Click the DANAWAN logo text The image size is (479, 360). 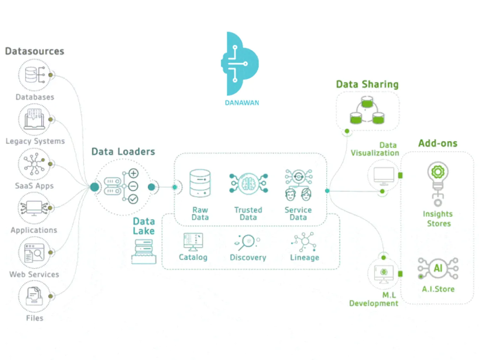tap(242, 103)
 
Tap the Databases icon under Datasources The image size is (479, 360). tap(35, 75)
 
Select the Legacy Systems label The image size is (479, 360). tap(35, 141)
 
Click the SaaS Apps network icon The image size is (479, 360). tap(34, 164)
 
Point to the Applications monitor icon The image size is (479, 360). tap(34, 208)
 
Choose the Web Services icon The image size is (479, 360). tap(34, 252)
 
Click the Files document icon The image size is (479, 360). tap(34, 296)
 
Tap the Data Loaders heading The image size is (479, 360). tap(123, 152)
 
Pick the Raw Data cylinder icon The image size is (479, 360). tap(200, 183)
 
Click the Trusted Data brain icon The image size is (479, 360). tap(248, 183)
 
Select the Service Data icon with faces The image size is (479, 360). tap(298, 185)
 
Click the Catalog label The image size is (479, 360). tap(193, 257)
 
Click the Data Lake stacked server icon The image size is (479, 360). tap(144, 251)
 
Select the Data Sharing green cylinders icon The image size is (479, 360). tap(367, 111)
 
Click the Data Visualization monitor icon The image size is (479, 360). tap(384, 175)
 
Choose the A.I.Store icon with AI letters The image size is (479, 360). tap(438, 268)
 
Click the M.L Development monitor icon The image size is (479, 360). tap(384, 274)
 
